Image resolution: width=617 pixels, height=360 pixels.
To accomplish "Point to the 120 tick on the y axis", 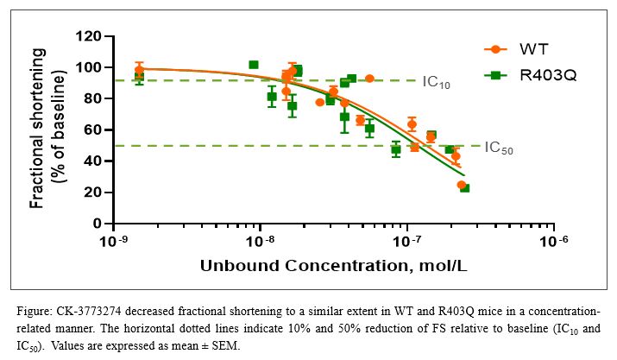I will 90,36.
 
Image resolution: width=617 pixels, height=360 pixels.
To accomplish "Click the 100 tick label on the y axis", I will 90,67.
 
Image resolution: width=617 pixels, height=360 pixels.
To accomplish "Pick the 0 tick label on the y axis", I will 98,224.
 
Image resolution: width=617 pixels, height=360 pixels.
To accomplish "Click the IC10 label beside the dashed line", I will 436,83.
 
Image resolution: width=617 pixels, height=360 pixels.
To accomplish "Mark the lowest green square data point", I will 465,187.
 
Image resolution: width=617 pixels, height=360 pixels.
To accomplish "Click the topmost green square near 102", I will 254,65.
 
